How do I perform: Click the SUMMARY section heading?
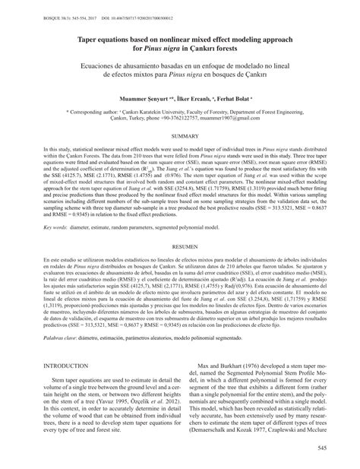(180, 114)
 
